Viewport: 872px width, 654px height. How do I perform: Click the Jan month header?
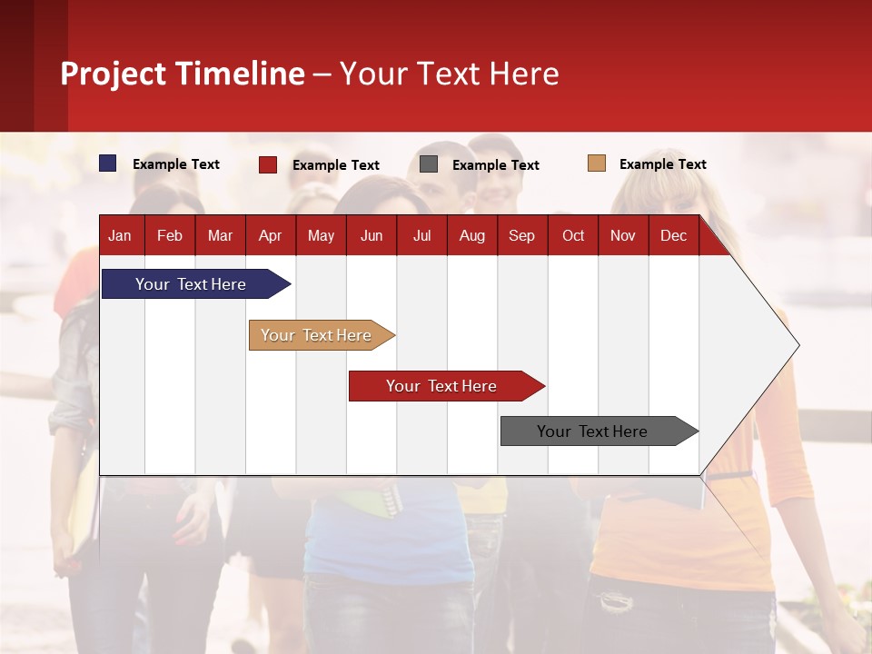tap(120, 235)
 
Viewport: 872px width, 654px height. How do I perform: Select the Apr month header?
tap(270, 235)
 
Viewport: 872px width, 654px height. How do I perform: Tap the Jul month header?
tap(421, 235)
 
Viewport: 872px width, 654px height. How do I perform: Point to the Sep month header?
tap(521, 235)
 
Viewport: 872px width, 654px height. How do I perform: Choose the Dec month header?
tap(673, 235)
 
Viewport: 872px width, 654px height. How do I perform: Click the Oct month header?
tap(573, 235)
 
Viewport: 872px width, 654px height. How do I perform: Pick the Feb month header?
tap(170, 235)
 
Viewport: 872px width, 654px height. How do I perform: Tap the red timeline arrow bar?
tap(442, 386)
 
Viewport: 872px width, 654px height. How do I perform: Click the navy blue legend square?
tap(108, 163)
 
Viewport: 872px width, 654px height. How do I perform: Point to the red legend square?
tap(268, 164)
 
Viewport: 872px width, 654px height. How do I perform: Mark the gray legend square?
tap(429, 164)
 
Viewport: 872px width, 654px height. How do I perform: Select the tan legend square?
tap(597, 163)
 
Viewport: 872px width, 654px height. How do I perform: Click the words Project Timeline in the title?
tap(183, 74)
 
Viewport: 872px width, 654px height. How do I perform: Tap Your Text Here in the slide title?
tap(450, 74)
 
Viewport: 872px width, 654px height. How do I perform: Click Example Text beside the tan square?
tap(662, 164)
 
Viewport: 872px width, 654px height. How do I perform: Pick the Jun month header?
tap(372, 235)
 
